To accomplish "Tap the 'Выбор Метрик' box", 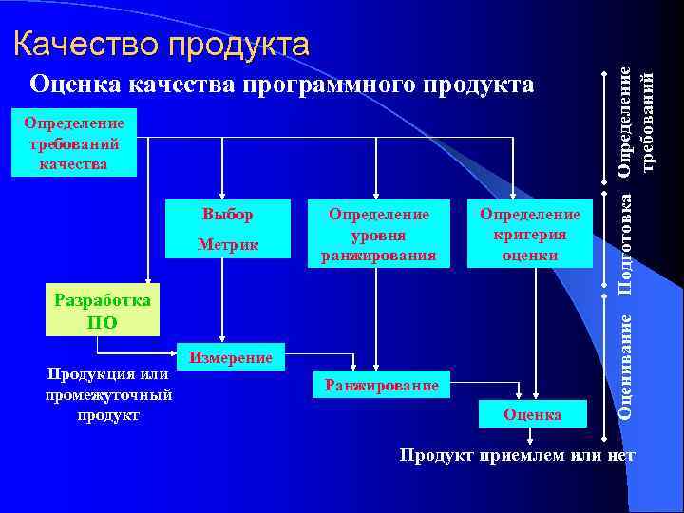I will (x=228, y=230).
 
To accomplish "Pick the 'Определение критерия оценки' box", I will (x=529, y=234).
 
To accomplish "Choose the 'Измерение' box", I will (x=231, y=357).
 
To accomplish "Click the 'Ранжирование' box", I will (x=381, y=385).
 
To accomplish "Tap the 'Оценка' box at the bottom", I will (x=532, y=414).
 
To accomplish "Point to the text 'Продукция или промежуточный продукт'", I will (x=107, y=394).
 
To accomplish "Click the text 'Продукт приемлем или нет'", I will (x=516, y=455).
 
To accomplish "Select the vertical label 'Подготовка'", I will (x=625, y=243).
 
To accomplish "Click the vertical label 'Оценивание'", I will (x=625, y=365).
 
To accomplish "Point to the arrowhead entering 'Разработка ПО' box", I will (x=147, y=280).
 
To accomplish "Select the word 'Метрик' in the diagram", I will (x=228, y=246).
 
